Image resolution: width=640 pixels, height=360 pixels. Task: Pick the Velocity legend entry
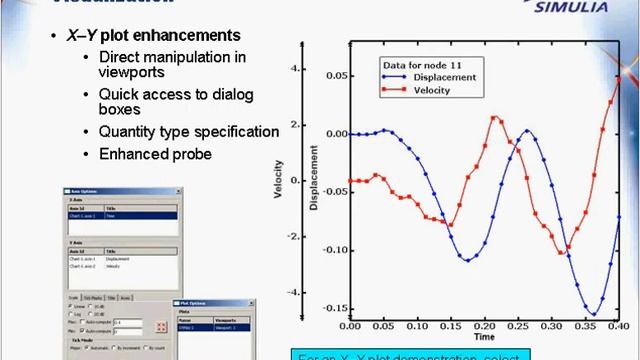point(424,90)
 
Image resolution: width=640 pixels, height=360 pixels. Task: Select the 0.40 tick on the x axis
point(620,326)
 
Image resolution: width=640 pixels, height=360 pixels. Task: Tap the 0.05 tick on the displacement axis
point(332,76)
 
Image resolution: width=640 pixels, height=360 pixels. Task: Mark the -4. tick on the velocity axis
point(292,292)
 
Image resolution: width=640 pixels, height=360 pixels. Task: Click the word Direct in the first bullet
point(121,57)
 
